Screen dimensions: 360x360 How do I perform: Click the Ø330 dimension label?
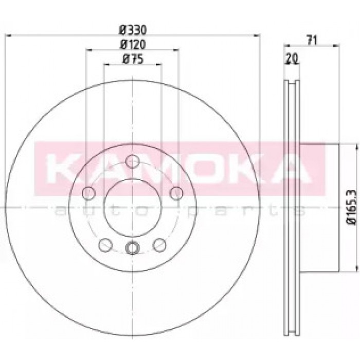click(x=133, y=30)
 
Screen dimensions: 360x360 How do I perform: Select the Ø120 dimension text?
click(x=133, y=45)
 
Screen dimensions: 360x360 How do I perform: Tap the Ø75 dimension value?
click(x=133, y=59)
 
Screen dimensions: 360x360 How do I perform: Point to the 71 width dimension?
click(x=312, y=41)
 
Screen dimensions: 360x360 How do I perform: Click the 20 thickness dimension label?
click(x=292, y=58)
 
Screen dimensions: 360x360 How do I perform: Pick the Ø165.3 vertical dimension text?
click(x=353, y=208)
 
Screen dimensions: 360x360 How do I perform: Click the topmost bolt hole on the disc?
click(x=133, y=161)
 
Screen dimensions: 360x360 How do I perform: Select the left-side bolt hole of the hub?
click(x=88, y=193)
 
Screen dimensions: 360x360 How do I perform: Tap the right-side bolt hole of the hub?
click(x=176, y=193)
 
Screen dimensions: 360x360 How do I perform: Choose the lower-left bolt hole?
click(x=105, y=245)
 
